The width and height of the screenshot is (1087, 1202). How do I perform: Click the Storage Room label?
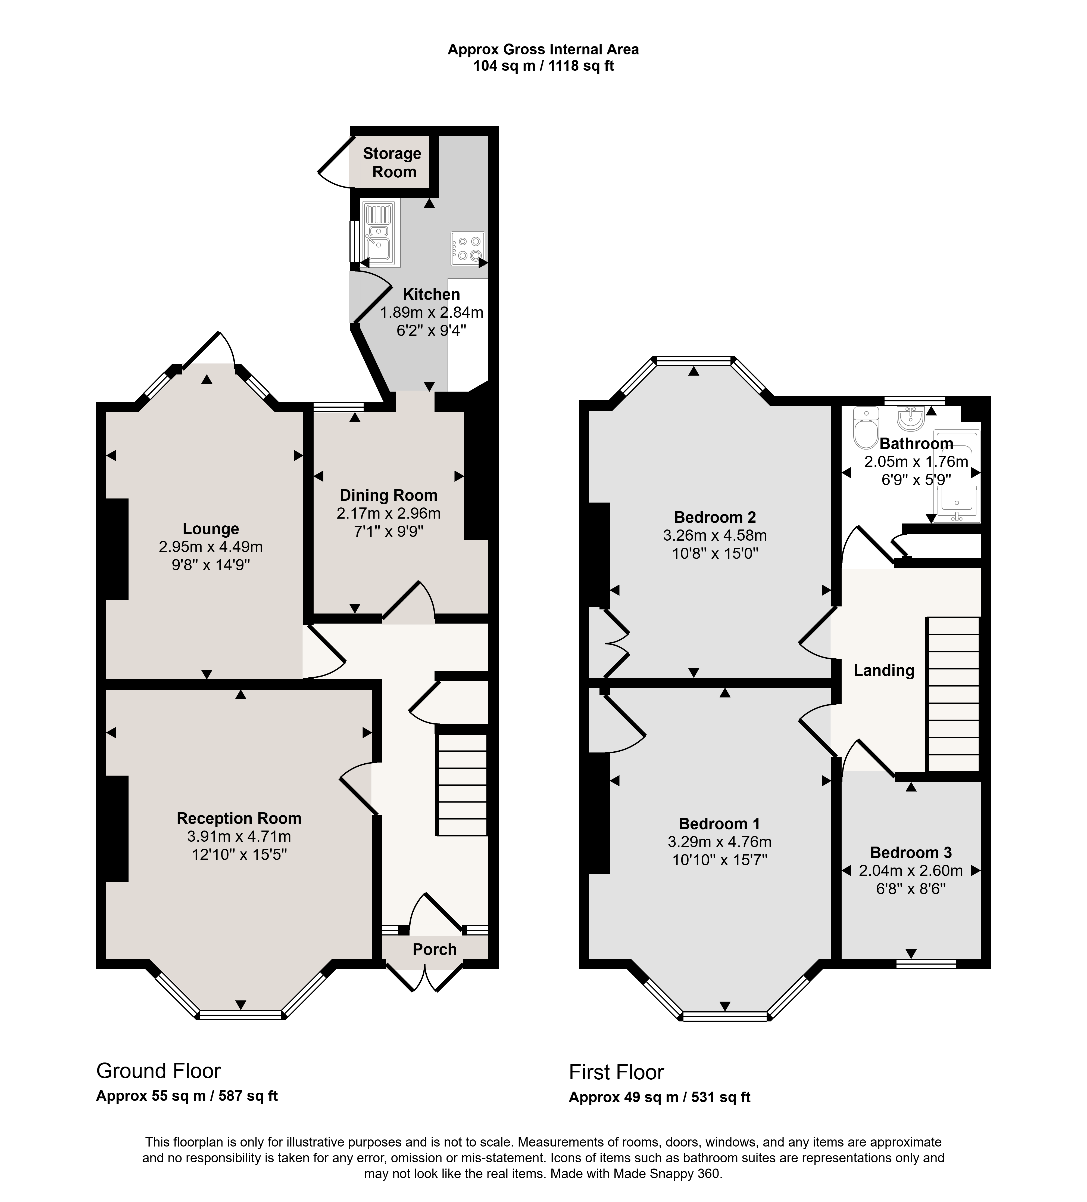click(x=392, y=163)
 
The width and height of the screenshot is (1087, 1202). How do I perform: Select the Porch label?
click(x=435, y=949)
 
